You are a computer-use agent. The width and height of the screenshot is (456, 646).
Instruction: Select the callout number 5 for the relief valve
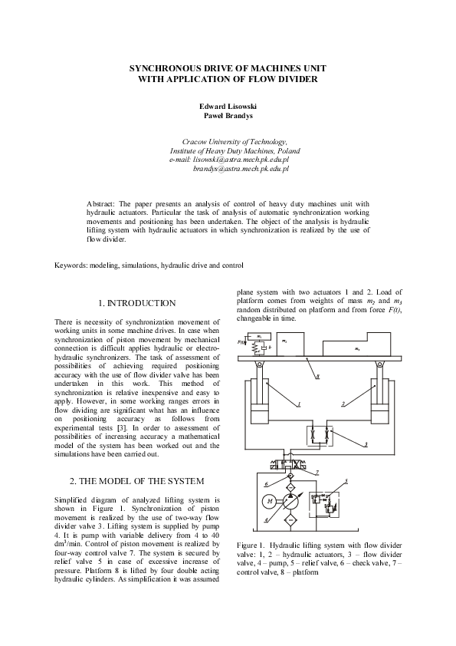tap(346, 481)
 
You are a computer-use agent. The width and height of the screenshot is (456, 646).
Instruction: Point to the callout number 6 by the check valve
tap(266, 484)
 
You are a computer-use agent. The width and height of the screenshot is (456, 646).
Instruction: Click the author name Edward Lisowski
tap(228, 107)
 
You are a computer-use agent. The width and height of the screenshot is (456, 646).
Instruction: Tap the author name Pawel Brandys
tap(228, 116)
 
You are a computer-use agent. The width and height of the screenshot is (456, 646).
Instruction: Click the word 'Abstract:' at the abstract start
tap(103, 203)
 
